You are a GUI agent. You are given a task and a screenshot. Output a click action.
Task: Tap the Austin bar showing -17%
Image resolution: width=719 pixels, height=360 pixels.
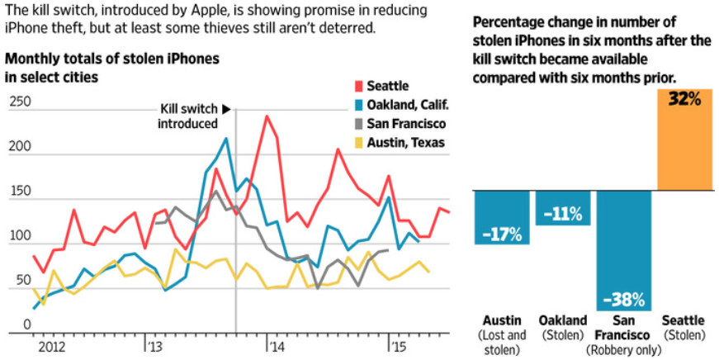pos(502,216)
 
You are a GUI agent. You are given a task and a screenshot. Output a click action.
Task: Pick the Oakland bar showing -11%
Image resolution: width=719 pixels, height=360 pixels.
pos(563,206)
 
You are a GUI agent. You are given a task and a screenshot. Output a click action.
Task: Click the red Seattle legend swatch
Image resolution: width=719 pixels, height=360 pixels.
pos(358,86)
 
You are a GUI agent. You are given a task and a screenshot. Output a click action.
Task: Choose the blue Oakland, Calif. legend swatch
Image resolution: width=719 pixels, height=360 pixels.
pos(358,105)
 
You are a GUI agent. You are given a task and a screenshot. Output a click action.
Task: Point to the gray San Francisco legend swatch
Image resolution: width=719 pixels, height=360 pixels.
pos(358,124)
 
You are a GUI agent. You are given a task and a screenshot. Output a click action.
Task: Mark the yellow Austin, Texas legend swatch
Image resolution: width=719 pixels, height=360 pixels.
pos(358,143)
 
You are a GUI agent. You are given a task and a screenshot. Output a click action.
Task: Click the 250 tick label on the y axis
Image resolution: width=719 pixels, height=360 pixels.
pos(20,102)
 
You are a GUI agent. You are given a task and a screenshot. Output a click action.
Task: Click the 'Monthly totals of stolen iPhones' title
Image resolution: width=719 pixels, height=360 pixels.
pos(113,59)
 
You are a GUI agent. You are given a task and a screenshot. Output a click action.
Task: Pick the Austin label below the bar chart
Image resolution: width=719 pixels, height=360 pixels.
pos(500,320)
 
